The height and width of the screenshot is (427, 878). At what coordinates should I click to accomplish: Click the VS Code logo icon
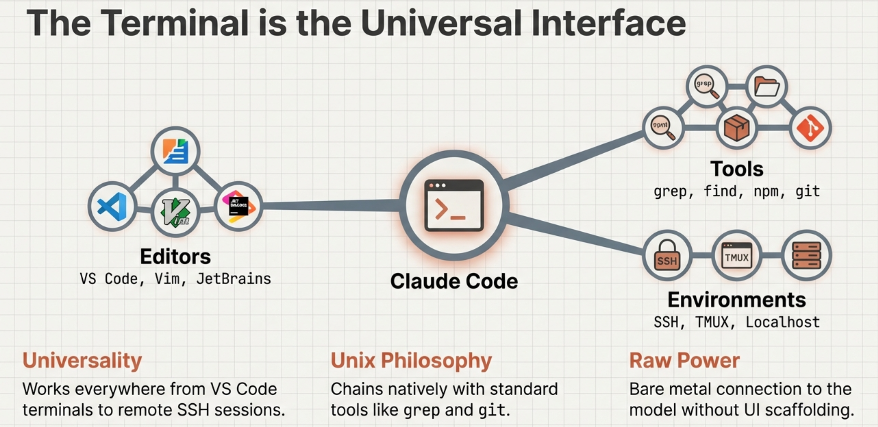(x=112, y=206)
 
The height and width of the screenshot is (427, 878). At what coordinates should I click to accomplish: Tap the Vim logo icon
(x=175, y=212)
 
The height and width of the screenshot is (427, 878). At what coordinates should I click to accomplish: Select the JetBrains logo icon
(x=239, y=206)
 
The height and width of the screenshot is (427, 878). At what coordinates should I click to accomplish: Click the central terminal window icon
(x=454, y=205)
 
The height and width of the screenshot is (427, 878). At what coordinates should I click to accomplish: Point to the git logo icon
(x=810, y=128)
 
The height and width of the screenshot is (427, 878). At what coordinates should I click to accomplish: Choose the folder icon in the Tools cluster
(x=767, y=87)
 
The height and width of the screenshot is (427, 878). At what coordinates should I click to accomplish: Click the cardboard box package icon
(x=737, y=128)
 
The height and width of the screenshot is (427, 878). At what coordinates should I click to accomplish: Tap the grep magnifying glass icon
(x=706, y=86)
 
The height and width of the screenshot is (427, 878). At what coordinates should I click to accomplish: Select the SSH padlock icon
(x=667, y=256)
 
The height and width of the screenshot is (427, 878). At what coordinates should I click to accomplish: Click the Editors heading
(x=175, y=257)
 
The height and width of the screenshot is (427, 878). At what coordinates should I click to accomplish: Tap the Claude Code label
(x=454, y=282)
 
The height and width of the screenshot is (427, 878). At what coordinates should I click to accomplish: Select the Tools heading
(x=737, y=169)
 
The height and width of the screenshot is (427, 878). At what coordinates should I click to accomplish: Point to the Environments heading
(x=737, y=300)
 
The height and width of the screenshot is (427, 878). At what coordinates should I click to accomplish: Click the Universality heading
(x=82, y=361)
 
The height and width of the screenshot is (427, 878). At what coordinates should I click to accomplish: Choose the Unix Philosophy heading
(x=411, y=361)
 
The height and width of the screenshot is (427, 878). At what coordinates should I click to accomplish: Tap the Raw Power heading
(x=684, y=361)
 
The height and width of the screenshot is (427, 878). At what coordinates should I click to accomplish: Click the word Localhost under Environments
(x=783, y=322)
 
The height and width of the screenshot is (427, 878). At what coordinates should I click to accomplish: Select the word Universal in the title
(x=441, y=23)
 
